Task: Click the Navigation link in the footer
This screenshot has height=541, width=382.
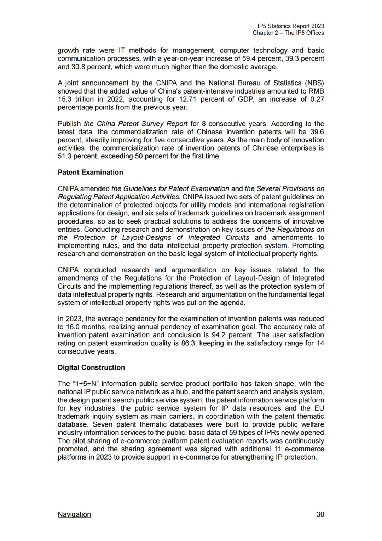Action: [x=74, y=514]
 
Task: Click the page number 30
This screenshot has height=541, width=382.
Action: [x=320, y=514]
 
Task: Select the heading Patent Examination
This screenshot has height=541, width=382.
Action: [x=91, y=173]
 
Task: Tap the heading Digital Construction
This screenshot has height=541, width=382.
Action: [x=91, y=368]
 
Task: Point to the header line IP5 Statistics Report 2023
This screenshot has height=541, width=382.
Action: [x=291, y=26]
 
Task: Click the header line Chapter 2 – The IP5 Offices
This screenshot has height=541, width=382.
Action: [x=288, y=33]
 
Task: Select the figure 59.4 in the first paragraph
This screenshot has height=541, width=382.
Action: [x=249, y=59]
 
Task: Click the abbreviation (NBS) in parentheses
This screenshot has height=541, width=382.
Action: [x=314, y=83]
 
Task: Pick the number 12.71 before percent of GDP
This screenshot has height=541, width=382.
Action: [x=187, y=100]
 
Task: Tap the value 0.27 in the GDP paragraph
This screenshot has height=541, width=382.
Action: [x=317, y=100]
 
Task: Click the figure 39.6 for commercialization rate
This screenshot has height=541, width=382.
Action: [x=317, y=132]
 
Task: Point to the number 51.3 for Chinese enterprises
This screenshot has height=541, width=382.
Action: [x=65, y=157]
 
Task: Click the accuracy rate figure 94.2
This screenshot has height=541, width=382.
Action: [x=218, y=335]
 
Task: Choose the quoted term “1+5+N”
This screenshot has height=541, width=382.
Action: [x=85, y=384]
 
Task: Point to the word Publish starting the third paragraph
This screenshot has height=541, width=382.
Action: [x=69, y=124]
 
